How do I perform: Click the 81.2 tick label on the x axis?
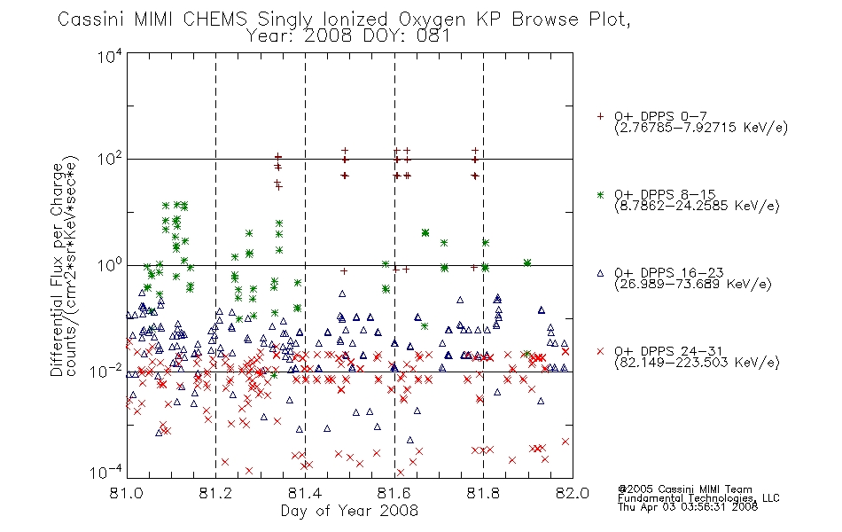point(215,493)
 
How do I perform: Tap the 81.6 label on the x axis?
point(394,493)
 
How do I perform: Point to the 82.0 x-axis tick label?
point(573,493)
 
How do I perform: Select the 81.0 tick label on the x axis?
point(127,493)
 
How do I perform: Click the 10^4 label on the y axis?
point(110,56)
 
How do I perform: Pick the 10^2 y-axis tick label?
point(110,160)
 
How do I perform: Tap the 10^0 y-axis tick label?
point(110,265)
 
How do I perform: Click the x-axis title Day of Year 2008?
point(349,511)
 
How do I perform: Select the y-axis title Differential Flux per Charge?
point(57,270)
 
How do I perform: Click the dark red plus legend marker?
point(600,116)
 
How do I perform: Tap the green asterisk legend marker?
point(600,194)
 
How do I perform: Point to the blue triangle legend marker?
point(600,273)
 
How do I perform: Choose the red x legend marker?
point(600,351)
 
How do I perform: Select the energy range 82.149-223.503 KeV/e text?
point(697,363)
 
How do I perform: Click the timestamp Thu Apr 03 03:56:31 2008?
point(688,506)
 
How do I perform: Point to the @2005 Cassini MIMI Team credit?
point(684,489)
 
